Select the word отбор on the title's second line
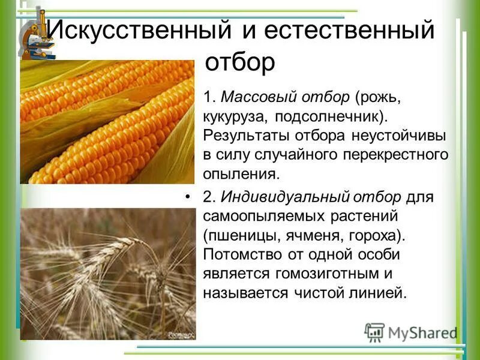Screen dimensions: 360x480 click(240, 61)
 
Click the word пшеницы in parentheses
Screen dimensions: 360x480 click(244, 235)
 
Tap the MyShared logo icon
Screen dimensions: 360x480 click(374, 331)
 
